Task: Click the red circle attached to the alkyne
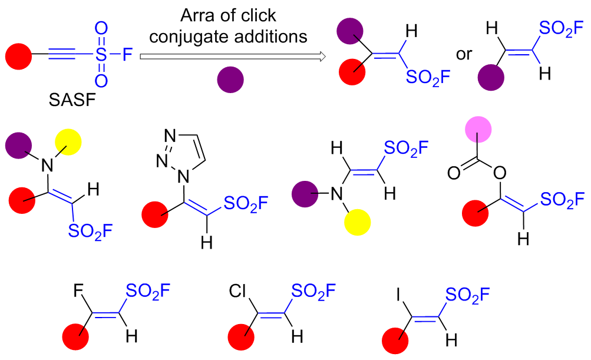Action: coord(19,57)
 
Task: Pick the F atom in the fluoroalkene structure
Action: coord(78,291)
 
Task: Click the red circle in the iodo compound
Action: coord(396,342)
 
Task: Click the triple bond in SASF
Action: coord(62,57)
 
